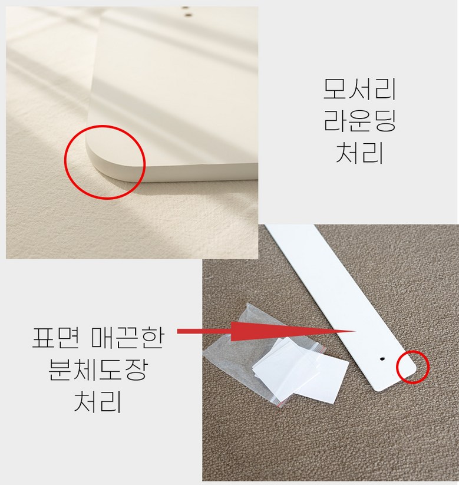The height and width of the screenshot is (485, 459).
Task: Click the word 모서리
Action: click(359, 89)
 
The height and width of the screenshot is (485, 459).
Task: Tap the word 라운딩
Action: click(359, 121)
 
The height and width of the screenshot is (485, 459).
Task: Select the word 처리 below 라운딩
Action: click(359, 153)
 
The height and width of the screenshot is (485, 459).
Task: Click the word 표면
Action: click(57, 338)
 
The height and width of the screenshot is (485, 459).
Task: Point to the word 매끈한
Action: click(128, 338)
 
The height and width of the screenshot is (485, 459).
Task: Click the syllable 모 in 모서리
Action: click(335, 89)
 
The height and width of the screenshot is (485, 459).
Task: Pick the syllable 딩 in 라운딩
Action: click(384, 121)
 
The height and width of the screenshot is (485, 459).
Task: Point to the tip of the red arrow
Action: click(355, 331)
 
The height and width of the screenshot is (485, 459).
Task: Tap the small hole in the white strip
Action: click(382, 359)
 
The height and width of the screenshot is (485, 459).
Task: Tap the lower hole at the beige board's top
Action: click(187, 14)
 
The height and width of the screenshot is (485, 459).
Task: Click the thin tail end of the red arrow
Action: click(178, 331)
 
